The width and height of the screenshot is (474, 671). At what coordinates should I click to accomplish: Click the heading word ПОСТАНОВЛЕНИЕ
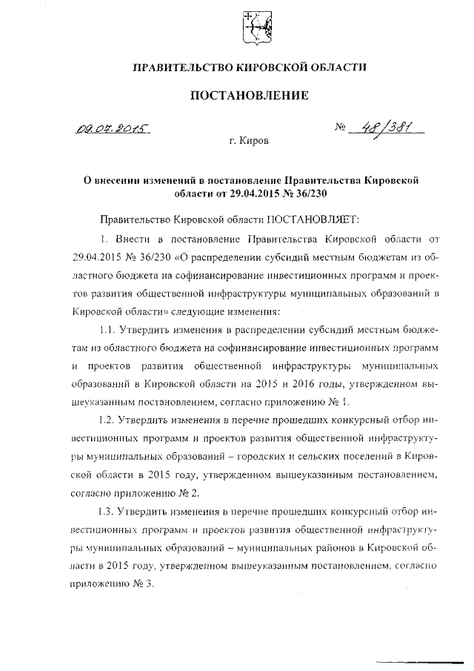(x=249, y=95)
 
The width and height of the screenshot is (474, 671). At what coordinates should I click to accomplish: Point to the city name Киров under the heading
(x=249, y=139)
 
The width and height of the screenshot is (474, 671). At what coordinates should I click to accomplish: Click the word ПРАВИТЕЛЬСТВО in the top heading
(x=184, y=67)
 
